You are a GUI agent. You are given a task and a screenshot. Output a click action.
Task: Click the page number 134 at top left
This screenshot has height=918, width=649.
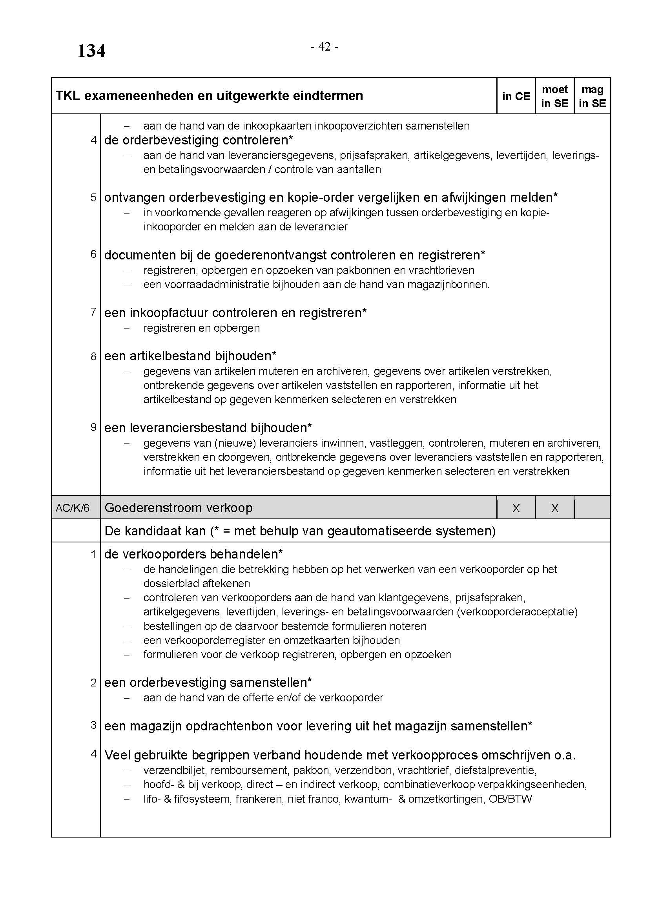[x=91, y=51]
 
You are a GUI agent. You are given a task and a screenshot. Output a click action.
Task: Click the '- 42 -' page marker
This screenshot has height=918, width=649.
[x=324, y=47]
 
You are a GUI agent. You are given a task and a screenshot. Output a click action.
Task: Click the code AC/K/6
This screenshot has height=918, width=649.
[x=72, y=508]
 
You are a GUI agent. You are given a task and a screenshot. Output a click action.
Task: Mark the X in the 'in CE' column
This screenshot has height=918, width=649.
[x=516, y=508]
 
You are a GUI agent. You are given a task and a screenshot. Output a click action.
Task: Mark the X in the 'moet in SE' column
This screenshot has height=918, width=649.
[x=555, y=508]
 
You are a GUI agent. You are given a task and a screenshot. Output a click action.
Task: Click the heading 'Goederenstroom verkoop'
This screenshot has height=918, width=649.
[x=178, y=508]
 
